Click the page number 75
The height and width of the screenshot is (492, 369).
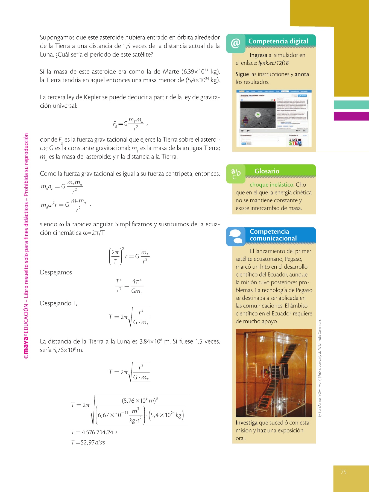point(344,472)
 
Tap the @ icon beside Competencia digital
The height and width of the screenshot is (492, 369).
point(235,43)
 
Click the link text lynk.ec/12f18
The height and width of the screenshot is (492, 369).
point(273,63)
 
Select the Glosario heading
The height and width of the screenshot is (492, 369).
point(267,171)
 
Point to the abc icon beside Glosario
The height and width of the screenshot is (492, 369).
point(236,174)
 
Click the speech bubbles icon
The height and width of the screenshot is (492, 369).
point(235,236)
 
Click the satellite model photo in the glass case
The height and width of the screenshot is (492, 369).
point(274,373)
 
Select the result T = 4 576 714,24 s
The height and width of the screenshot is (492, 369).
point(94,432)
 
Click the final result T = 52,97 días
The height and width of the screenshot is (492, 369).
point(88,442)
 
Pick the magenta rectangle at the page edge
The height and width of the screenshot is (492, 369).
point(351,116)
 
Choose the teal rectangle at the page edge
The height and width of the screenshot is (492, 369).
point(351,105)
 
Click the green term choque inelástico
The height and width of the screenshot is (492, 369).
point(272,185)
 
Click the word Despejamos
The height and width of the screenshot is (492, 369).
point(56,272)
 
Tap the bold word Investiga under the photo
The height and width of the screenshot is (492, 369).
point(246,423)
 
